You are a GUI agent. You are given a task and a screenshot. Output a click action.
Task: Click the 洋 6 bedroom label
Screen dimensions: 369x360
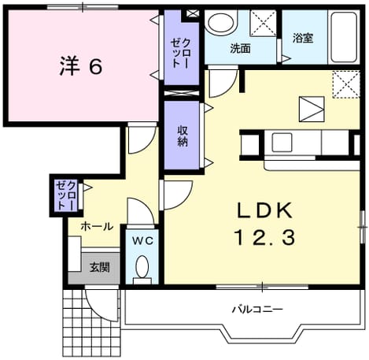click(x=81, y=66)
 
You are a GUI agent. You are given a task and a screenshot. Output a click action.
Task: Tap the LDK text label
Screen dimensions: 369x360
click(x=264, y=210)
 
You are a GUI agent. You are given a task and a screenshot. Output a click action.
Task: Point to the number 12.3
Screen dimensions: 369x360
click(x=265, y=237)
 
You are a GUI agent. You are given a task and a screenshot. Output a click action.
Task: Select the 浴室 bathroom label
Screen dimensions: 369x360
click(x=303, y=39)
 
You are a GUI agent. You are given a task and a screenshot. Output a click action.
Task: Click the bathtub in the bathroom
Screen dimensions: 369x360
click(x=344, y=37)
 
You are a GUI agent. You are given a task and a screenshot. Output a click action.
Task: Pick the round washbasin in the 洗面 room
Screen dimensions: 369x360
click(x=220, y=23)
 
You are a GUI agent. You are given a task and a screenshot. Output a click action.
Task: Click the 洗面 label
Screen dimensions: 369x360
click(x=241, y=49)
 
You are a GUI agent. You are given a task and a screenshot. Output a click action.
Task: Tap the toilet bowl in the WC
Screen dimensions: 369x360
click(x=142, y=267)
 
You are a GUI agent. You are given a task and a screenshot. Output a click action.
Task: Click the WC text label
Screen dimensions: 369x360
click(x=142, y=240)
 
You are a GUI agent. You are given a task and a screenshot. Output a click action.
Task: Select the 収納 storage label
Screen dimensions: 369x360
click(x=183, y=135)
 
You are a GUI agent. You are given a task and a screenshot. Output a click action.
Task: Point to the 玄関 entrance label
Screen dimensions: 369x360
click(x=100, y=267)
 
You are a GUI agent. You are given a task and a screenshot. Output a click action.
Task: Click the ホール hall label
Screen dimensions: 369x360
click(x=97, y=227)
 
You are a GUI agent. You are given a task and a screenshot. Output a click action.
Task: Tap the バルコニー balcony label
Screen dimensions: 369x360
click(x=257, y=310)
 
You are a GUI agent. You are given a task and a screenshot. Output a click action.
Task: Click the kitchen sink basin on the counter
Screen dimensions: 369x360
click(x=282, y=143)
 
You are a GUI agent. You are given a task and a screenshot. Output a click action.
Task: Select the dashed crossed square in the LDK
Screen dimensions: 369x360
click(x=346, y=84)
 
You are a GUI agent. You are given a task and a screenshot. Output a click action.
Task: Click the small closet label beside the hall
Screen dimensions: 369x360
click(x=66, y=195)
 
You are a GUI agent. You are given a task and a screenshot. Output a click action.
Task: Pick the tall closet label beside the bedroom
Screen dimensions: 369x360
click(x=181, y=54)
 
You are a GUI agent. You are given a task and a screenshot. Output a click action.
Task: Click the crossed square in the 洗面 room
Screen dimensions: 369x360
click(x=263, y=24)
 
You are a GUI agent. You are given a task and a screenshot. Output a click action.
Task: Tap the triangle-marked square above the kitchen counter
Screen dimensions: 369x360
click(x=312, y=109)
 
